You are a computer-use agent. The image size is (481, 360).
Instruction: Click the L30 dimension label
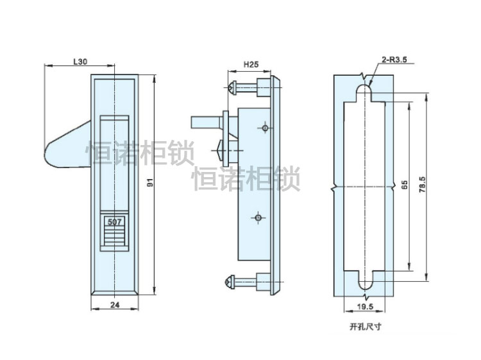pos(80,62)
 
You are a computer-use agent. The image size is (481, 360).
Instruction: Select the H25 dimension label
pos(251,66)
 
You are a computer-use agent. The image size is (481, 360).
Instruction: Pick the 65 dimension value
pos(404,185)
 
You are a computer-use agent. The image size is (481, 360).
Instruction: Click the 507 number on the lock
pos(115,223)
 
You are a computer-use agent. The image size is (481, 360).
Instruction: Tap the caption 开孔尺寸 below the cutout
pos(365,327)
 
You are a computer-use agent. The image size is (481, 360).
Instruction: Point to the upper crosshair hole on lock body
pos(264,128)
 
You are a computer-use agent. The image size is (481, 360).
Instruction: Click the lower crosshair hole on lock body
pos(258,218)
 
